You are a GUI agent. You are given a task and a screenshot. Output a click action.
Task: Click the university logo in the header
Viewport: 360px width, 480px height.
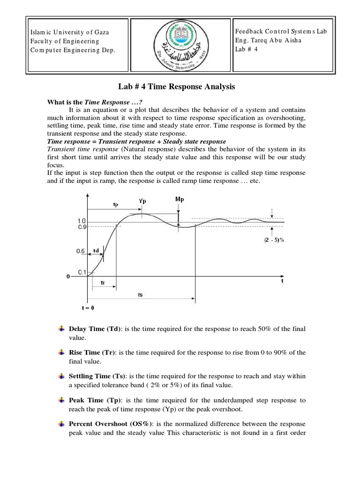click(x=180, y=46)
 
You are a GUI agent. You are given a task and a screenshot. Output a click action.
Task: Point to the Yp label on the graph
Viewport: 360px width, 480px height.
click(x=142, y=201)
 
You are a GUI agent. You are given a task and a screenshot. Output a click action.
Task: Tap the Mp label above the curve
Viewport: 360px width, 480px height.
click(x=179, y=199)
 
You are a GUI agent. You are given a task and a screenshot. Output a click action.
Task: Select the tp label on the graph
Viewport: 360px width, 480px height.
click(x=116, y=204)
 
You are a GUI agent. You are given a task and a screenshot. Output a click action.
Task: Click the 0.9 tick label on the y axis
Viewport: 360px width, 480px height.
click(x=82, y=226)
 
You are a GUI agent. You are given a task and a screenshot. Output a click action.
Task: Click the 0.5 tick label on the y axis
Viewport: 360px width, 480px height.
click(x=80, y=251)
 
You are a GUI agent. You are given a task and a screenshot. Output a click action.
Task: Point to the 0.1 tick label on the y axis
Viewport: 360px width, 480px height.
click(x=82, y=272)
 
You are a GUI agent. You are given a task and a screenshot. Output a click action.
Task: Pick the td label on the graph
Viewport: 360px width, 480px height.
click(x=96, y=251)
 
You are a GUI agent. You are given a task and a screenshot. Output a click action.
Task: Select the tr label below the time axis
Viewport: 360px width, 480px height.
click(x=102, y=283)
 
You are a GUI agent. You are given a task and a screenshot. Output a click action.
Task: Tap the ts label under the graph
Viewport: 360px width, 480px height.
click(x=140, y=294)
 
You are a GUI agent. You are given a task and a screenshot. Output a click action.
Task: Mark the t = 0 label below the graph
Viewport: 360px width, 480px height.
click(x=88, y=308)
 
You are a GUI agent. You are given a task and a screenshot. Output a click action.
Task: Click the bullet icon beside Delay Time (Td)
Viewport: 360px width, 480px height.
click(x=61, y=330)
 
